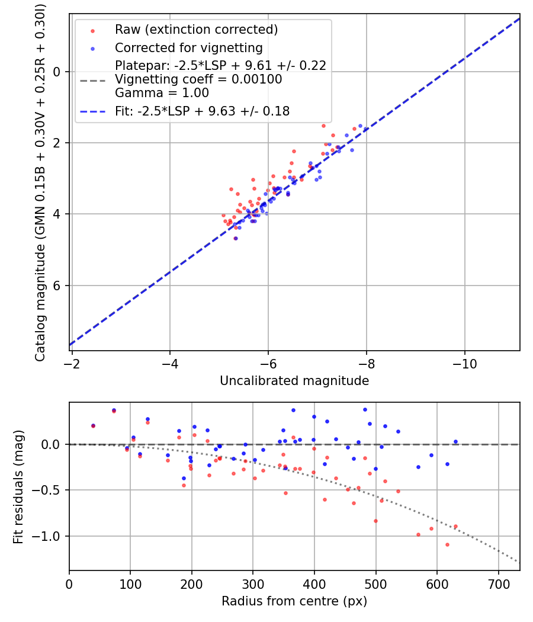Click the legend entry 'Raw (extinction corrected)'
coord(196,29)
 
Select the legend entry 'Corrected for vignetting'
coord(188,47)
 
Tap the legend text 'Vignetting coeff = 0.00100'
coord(198,79)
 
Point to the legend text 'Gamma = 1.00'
coord(162,93)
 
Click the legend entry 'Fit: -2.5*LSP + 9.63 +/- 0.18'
coord(202,111)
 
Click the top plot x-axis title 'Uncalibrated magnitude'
coord(294,381)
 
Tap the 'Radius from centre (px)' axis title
coord(294,601)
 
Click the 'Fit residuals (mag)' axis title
coord(18,486)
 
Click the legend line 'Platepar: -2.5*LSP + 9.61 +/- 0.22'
coord(221,66)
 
